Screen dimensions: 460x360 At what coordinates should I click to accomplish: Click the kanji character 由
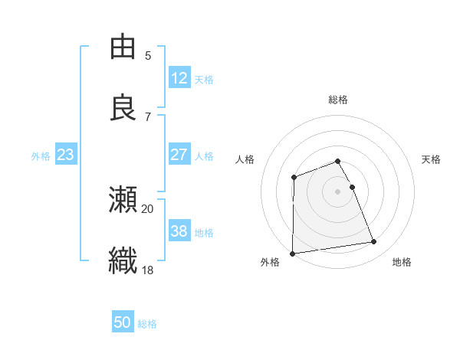(x=123, y=47)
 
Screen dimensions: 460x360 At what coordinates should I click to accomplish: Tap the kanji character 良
(x=123, y=108)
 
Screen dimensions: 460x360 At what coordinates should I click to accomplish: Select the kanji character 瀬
(x=123, y=200)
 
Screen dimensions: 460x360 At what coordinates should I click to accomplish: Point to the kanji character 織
(x=123, y=261)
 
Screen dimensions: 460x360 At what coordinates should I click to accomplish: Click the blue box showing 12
(x=179, y=78)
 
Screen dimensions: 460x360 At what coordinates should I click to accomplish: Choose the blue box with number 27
(x=179, y=155)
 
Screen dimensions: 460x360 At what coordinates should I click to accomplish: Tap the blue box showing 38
(x=179, y=231)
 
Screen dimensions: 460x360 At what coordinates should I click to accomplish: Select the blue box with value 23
(x=66, y=155)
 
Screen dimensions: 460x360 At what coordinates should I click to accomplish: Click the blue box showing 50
(x=123, y=322)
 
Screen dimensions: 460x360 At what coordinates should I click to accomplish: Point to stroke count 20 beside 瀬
(x=148, y=208)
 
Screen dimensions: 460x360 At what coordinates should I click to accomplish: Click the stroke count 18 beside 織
(x=148, y=270)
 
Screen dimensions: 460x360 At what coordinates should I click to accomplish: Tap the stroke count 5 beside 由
(x=148, y=55)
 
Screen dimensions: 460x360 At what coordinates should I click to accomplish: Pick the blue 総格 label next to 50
(x=147, y=324)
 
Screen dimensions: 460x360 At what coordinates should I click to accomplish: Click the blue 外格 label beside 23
(x=41, y=156)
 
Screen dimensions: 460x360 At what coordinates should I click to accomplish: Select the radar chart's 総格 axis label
(x=337, y=100)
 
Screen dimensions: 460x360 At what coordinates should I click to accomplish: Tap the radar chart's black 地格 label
(x=402, y=262)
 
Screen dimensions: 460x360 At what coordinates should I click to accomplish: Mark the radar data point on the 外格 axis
(x=292, y=253)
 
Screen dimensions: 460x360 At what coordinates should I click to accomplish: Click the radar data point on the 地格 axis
(x=374, y=242)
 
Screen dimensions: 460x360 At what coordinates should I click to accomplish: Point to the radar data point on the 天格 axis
(x=352, y=187)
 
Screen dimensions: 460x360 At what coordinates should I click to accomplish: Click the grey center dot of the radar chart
(x=337, y=191)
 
